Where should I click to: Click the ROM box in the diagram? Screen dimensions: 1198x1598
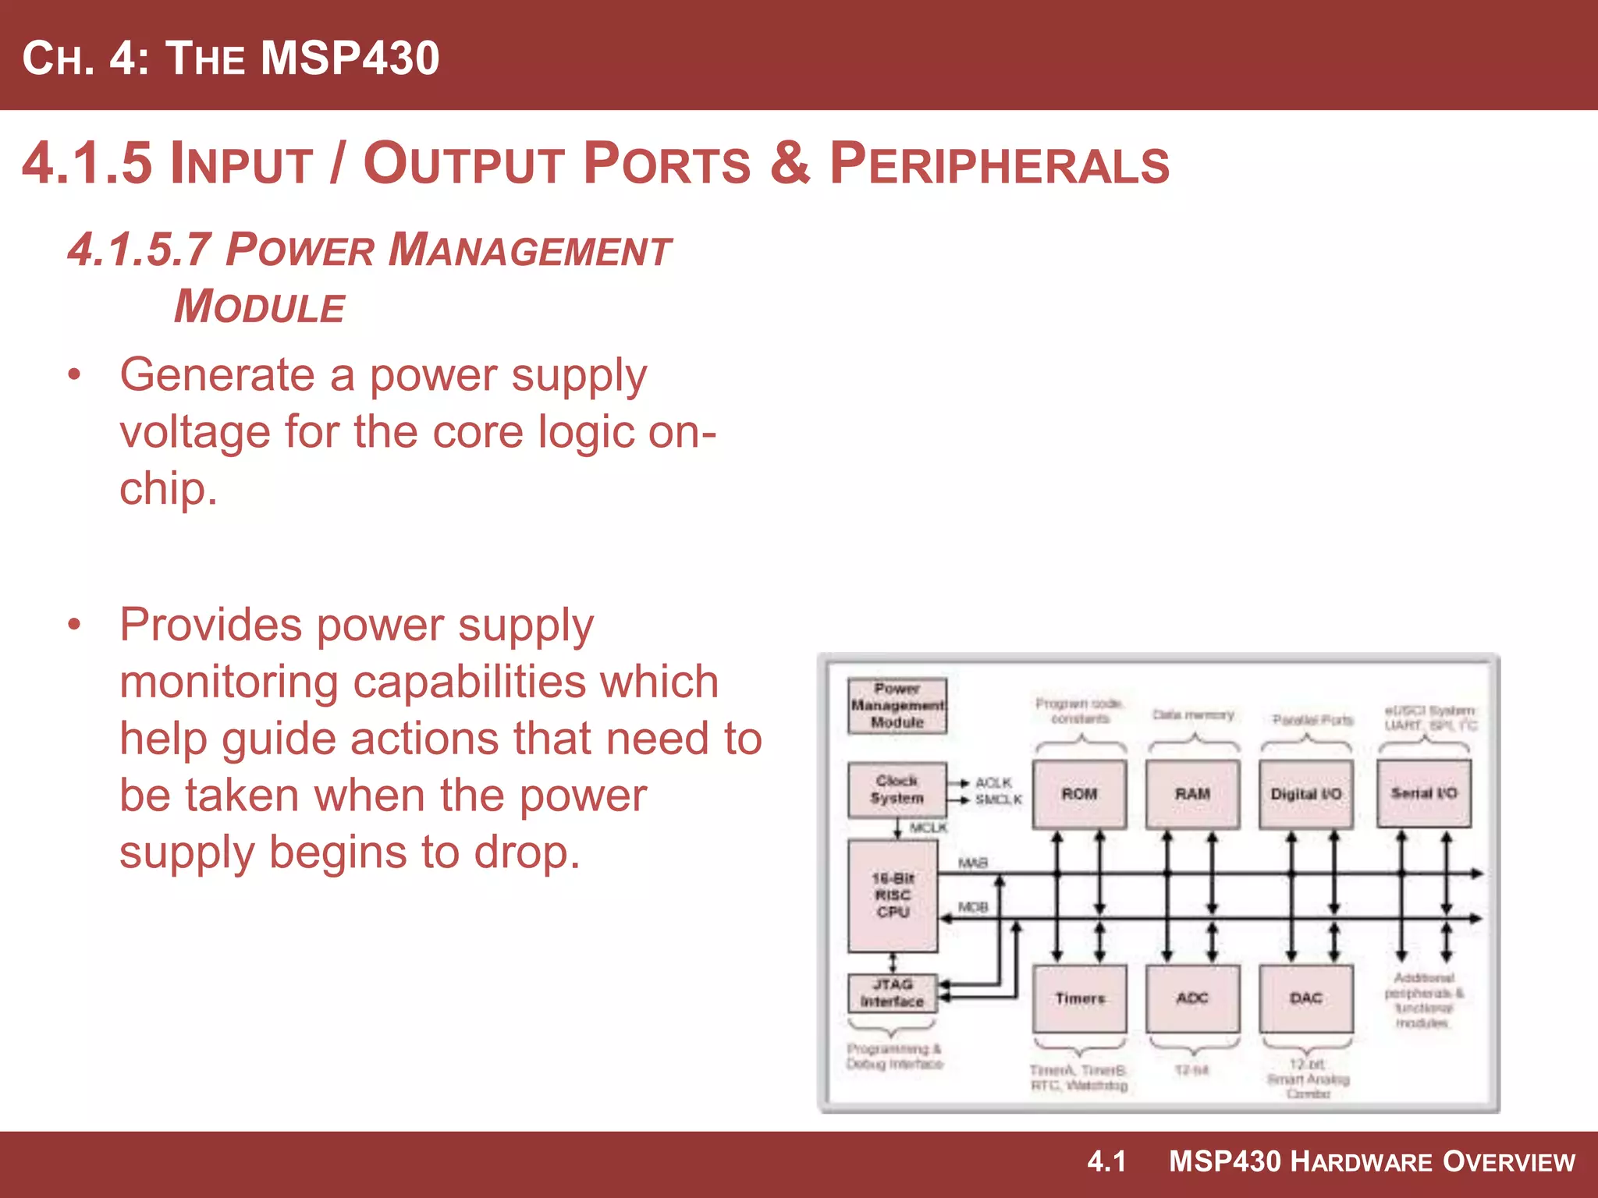coord(1079,793)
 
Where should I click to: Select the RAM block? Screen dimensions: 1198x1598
coord(1192,793)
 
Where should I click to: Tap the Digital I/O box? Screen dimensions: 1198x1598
coord(1305,793)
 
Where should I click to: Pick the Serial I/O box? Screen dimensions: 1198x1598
coord(1423,792)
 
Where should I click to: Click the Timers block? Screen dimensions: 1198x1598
coord(1079,998)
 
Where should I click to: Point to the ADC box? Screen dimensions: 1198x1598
coord(1192,998)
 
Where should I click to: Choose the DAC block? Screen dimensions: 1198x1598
coord(1305,998)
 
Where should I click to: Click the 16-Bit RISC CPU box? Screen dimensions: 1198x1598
coord(893,895)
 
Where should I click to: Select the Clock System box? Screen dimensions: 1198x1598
coord(897,789)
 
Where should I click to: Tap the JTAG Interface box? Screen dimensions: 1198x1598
coord(892,992)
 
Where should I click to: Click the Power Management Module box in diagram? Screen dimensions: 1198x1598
coord(897,705)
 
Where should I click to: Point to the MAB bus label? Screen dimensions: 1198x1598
coord(972,863)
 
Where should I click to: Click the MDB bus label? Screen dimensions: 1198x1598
coord(972,907)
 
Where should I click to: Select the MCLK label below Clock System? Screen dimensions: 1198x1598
coord(928,828)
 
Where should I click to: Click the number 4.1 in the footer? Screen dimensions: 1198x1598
coord(1106,1161)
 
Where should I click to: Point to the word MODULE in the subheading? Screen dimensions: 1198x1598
coord(259,307)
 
